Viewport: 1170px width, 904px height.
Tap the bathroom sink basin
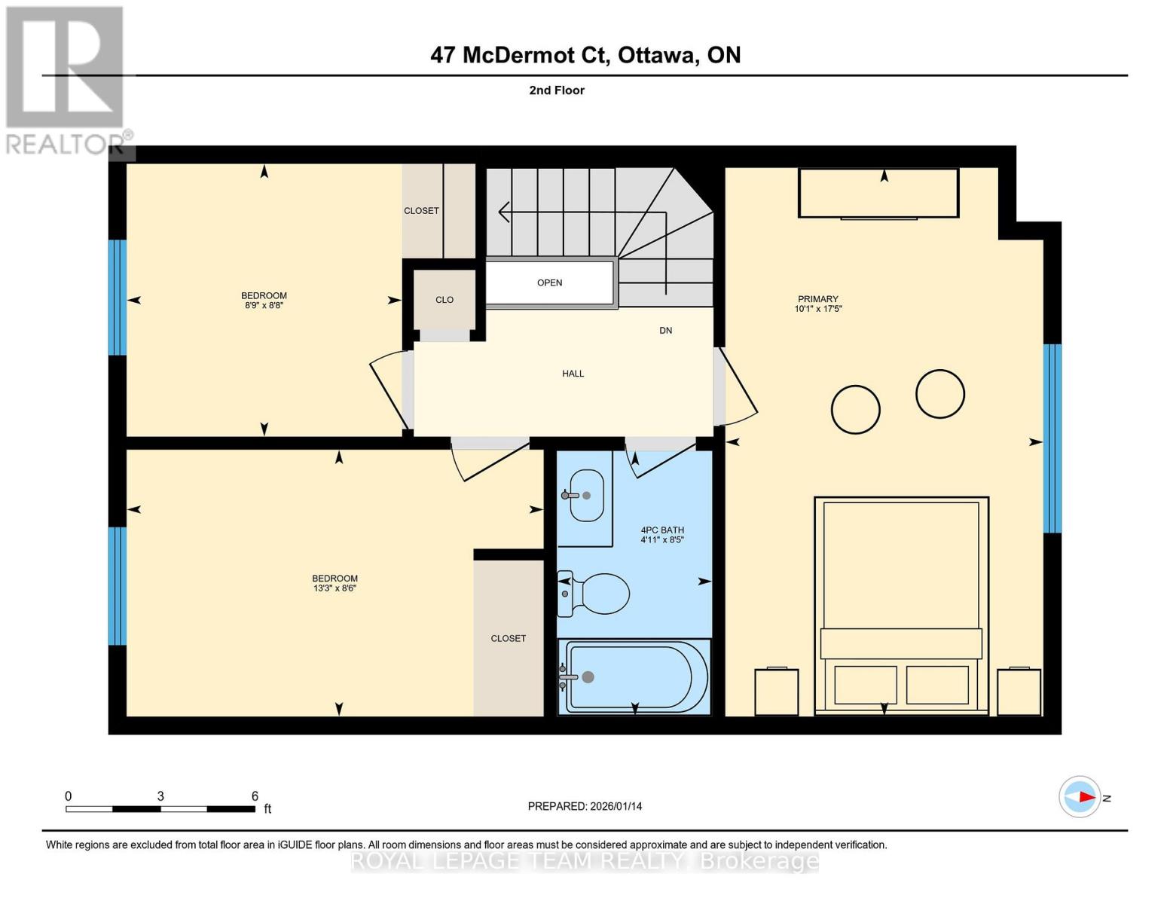(586, 495)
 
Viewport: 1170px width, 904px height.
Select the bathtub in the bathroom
(635, 676)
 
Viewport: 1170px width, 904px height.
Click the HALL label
(573, 374)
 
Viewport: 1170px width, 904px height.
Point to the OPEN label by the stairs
(549, 282)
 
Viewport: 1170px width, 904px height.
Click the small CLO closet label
(444, 300)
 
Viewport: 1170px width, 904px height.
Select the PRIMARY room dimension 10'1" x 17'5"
(817, 309)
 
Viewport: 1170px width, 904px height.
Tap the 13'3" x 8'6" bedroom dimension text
(335, 588)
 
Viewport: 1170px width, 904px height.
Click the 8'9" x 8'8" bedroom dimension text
(264, 306)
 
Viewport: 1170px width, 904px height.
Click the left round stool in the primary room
(855, 409)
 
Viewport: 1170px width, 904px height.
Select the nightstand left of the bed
(776, 692)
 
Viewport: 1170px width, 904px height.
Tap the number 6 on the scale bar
(255, 796)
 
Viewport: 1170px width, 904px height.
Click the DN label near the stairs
(665, 331)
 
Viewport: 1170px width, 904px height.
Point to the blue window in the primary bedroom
(1052, 438)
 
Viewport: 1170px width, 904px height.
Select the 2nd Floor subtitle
(557, 90)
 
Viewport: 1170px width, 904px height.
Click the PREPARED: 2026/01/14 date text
(585, 806)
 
